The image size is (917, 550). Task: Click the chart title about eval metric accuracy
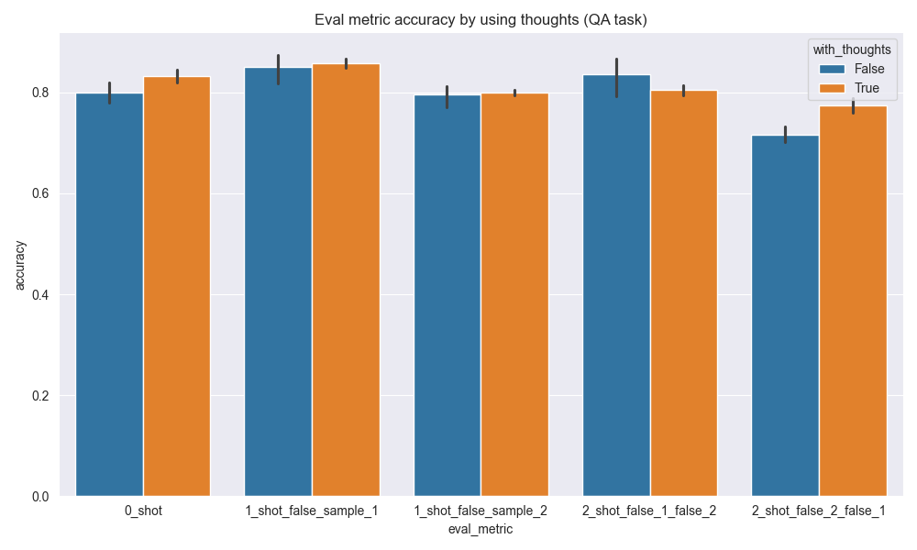coord(481,20)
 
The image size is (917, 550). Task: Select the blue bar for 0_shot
coord(109,293)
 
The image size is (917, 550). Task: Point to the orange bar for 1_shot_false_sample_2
coord(514,294)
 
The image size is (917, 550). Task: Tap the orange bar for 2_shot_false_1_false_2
coord(684,293)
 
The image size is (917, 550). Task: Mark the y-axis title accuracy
coord(20,266)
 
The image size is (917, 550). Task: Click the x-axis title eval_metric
coord(481,529)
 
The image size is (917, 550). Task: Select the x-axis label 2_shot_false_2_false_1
coord(819,511)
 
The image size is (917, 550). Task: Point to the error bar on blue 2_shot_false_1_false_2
coord(616,78)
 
